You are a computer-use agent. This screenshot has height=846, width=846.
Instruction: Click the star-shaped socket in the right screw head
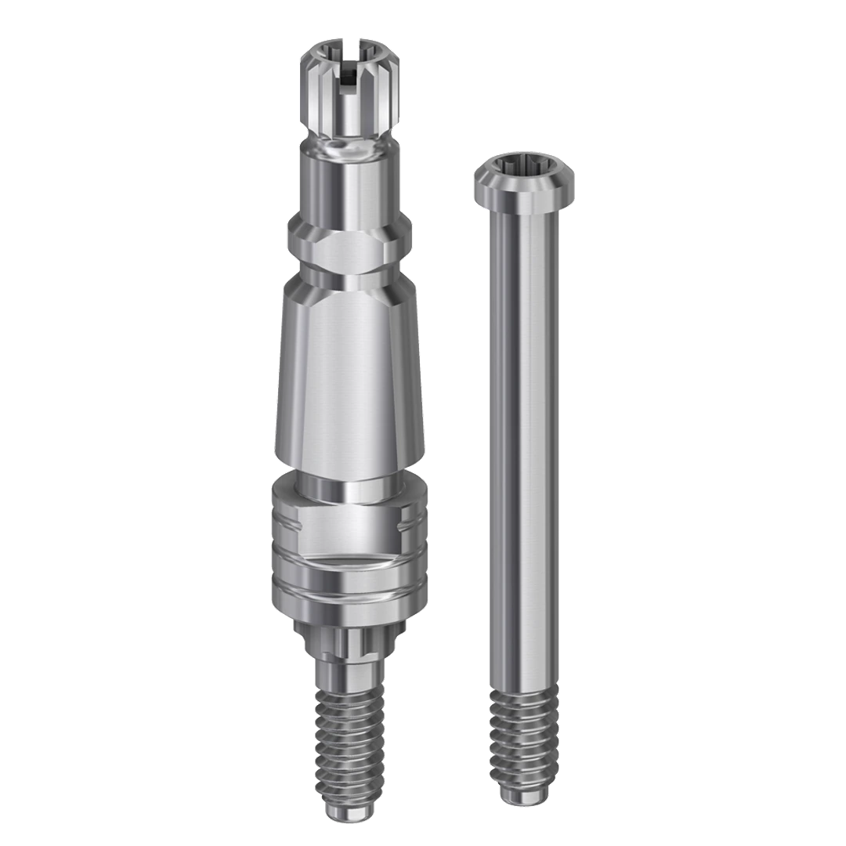(x=518, y=168)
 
